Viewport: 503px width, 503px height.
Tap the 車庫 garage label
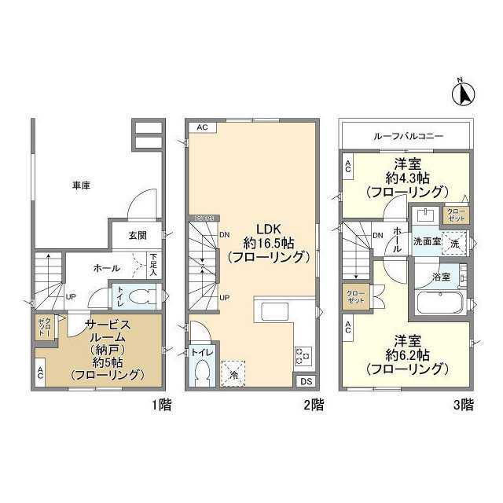tap(81, 185)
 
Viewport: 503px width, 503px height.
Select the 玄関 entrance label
tap(138, 235)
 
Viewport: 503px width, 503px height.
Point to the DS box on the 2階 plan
tap(305, 381)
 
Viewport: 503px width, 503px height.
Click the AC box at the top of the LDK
tap(201, 127)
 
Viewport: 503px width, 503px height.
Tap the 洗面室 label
tap(427, 243)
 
